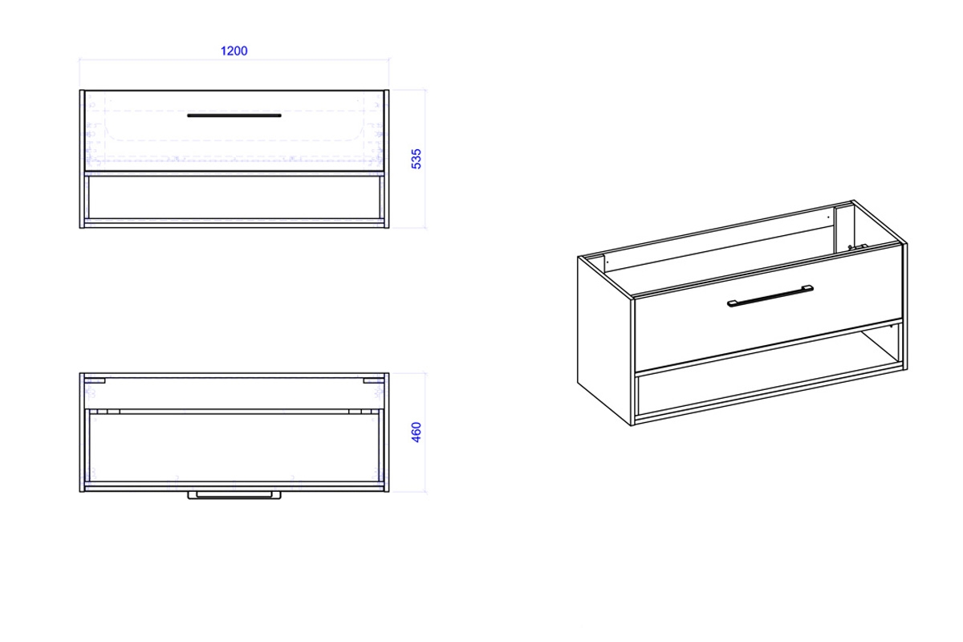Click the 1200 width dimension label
(234, 51)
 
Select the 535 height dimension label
(416, 159)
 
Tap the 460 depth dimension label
(416, 433)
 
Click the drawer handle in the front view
(234, 116)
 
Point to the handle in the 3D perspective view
(770, 296)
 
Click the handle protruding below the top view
(234, 495)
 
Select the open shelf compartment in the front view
(234, 197)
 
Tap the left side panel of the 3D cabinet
(604, 339)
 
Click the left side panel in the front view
(82, 159)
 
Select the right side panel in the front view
(387, 159)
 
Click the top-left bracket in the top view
(95, 380)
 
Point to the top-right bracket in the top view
(373, 380)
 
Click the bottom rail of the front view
(234, 223)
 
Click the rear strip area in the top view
(234, 393)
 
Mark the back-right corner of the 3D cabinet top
(853, 201)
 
